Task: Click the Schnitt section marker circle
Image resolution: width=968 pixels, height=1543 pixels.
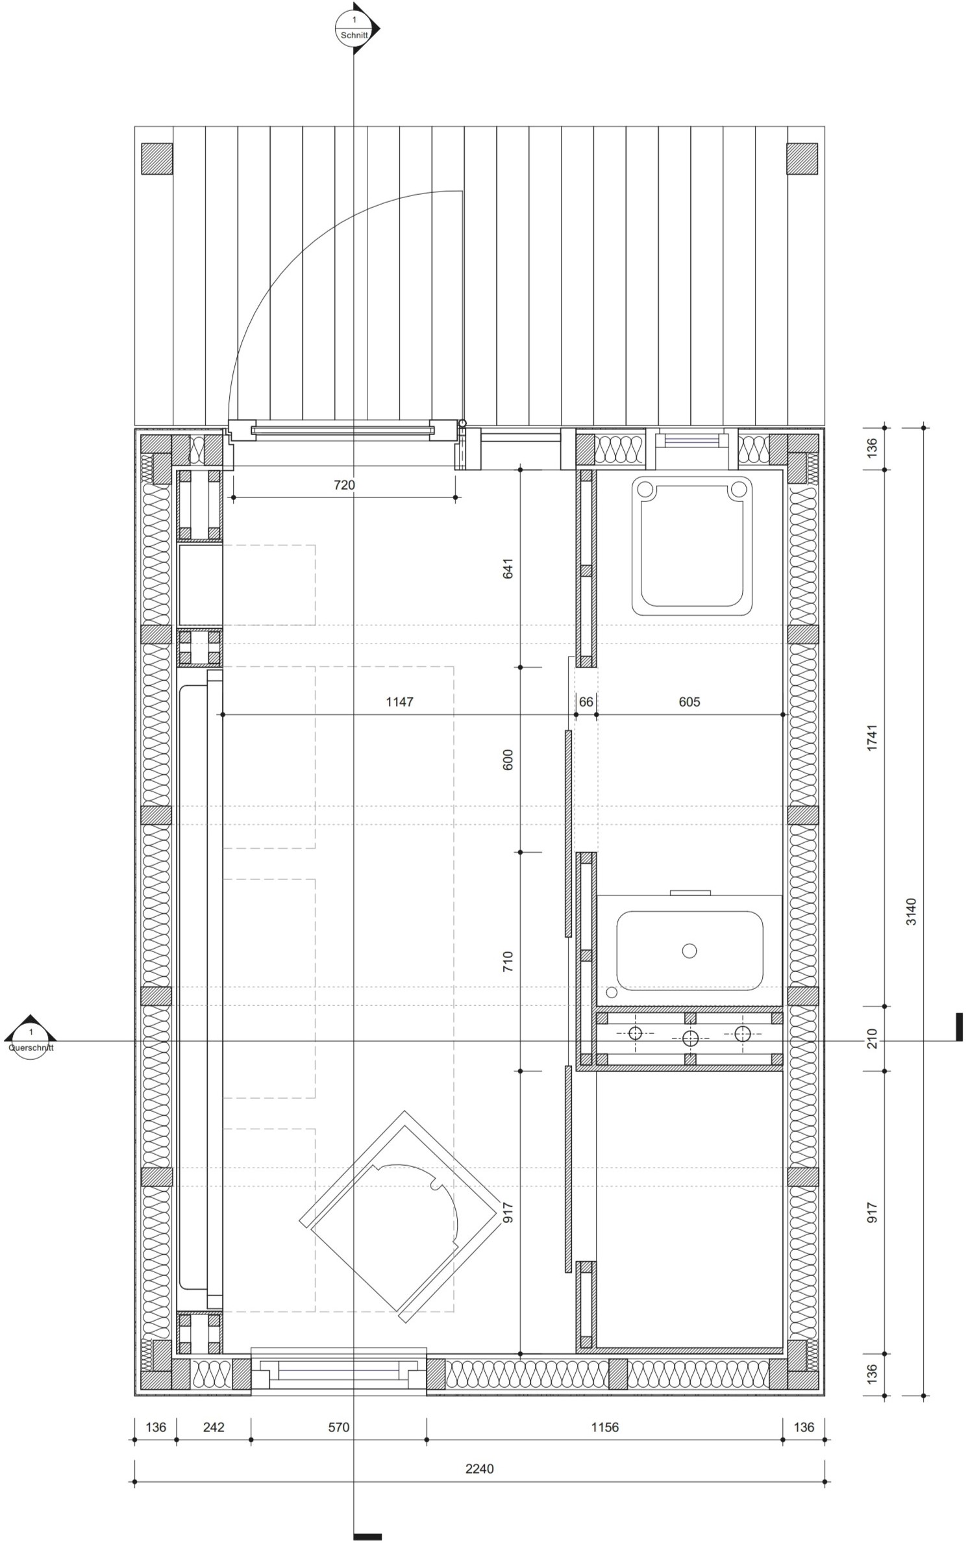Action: (354, 29)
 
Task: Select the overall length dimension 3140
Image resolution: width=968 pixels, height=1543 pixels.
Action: (912, 911)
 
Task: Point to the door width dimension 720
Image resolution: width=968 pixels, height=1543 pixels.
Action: (344, 484)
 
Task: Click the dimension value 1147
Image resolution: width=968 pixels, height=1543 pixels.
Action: (399, 701)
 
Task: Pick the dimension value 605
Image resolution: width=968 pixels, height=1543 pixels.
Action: (689, 701)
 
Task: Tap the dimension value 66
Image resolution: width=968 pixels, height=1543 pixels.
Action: (586, 701)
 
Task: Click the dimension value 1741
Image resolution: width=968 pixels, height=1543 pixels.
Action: (872, 738)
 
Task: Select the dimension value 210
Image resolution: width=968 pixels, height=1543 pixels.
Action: (872, 1038)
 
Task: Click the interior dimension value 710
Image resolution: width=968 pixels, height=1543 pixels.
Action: (508, 961)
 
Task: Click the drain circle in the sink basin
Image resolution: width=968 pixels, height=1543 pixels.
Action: (689, 951)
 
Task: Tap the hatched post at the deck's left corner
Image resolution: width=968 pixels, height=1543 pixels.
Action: (157, 158)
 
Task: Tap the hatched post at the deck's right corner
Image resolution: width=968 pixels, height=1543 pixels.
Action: (802, 158)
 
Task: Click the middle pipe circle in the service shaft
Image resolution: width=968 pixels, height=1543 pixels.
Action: (689, 1038)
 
